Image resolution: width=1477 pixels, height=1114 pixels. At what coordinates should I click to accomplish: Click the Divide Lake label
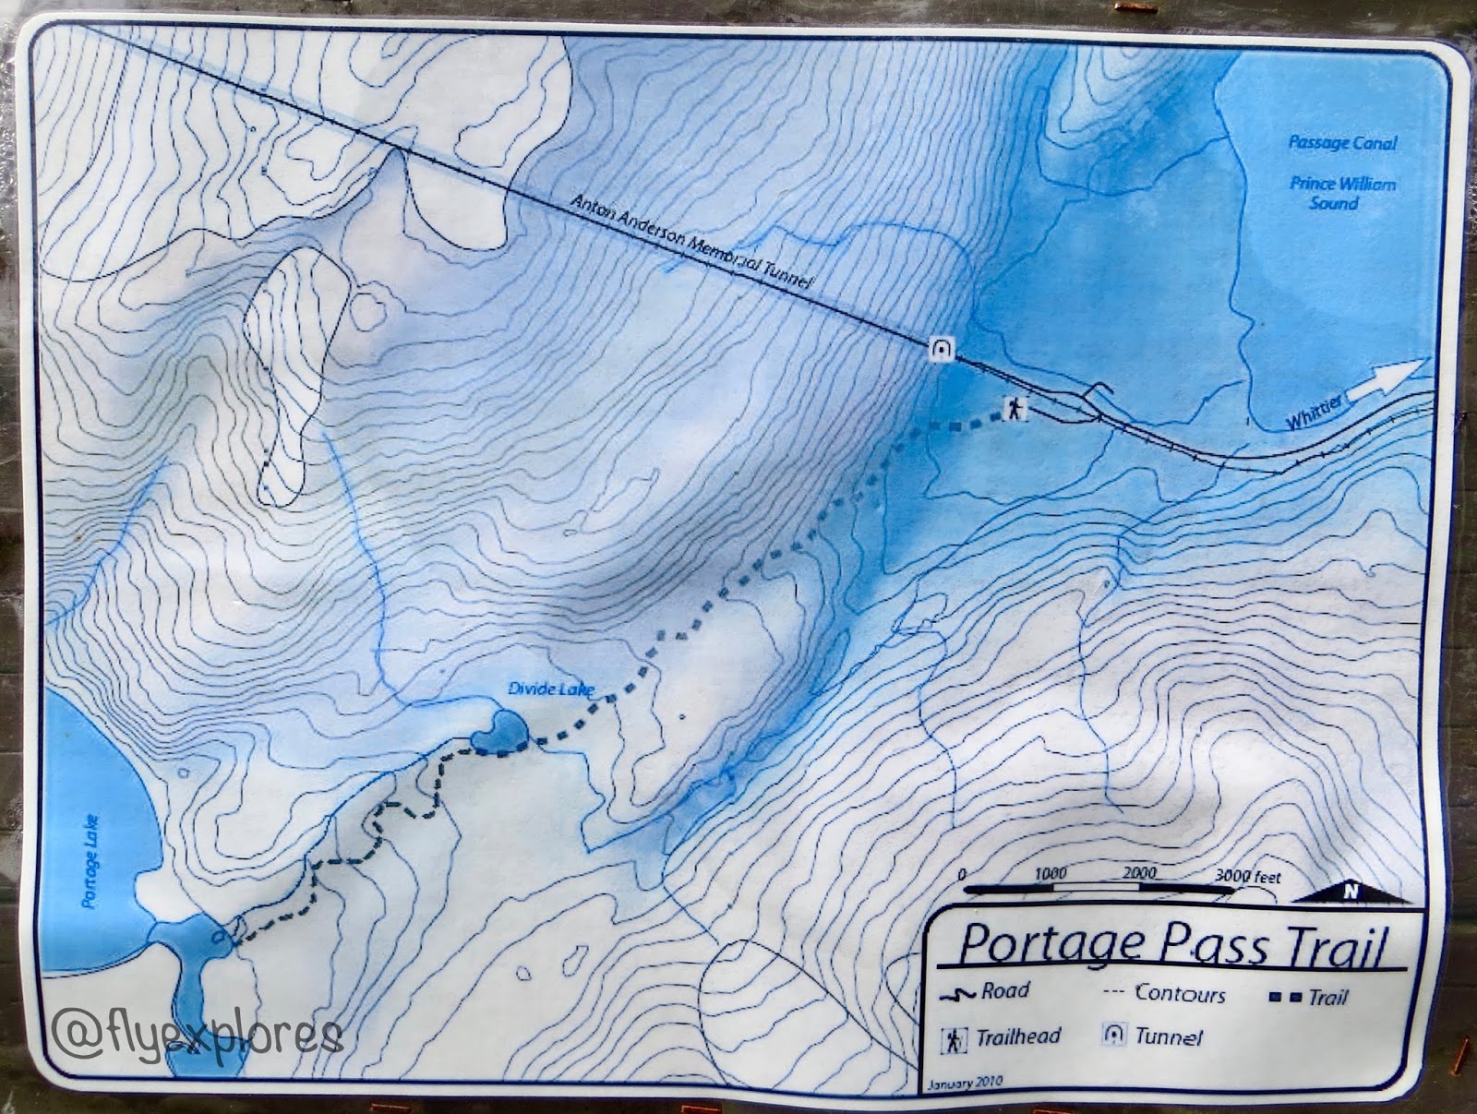[x=552, y=689]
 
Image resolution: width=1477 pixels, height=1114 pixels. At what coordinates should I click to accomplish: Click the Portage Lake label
[x=91, y=860]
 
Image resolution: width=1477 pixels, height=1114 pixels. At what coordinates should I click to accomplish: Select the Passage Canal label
[x=1342, y=143]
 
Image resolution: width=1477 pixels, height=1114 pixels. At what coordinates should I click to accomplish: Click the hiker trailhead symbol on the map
[x=1015, y=408]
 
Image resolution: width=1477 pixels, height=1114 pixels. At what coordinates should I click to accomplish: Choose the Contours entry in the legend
[x=1167, y=993]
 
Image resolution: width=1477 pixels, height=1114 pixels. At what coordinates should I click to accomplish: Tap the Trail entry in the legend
[x=1310, y=996]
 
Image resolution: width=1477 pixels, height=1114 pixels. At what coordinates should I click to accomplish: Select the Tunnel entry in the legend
[x=1154, y=1036]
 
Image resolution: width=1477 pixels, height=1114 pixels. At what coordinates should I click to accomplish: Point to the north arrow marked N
[x=1351, y=892]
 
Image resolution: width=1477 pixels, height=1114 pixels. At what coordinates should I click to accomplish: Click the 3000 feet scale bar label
[x=1247, y=877]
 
